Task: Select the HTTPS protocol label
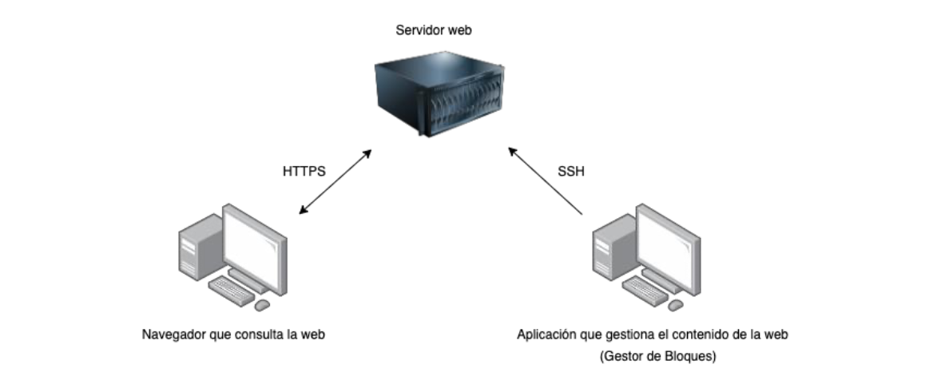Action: click(x=304, y=172)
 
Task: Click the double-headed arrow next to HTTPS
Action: click(x=335, y=181)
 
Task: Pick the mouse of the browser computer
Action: click(x=262, y=305)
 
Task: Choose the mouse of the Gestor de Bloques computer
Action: click(x=677, y=305)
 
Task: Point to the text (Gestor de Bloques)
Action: click(x=657, y=357)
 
